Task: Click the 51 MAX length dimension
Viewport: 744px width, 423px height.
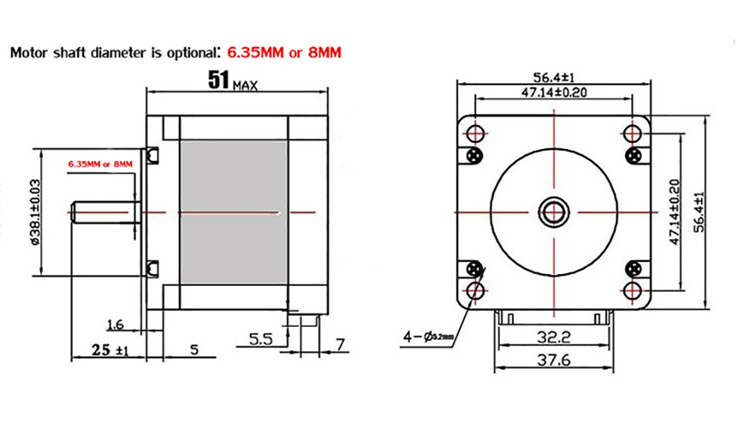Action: click(x=233, y=80)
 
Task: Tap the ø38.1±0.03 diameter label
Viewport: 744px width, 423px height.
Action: click(x=36, y=211)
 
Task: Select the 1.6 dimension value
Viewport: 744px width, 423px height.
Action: click(x=115, y=325)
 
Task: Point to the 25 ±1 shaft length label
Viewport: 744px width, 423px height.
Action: click(x=110, y=350)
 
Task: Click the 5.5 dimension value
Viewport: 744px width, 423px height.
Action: click(x=261, y=339)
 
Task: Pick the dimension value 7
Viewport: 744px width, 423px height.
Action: click(x=340, y=344)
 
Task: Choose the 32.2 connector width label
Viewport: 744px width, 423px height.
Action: click(x=554, y=337)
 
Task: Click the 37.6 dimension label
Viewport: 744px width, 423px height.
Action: click(x=554, y=360)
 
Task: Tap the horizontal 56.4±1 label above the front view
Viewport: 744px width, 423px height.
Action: click(x=554, y=77)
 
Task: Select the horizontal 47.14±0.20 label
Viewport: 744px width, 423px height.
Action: click(x=554, y=92)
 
